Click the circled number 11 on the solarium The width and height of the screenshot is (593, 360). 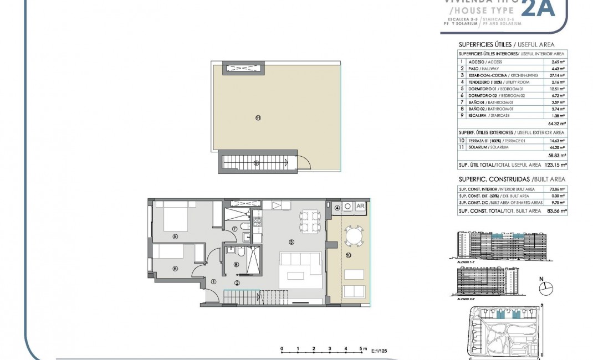258,117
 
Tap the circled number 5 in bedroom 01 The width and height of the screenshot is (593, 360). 175,236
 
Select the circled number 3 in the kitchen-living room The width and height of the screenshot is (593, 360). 291,241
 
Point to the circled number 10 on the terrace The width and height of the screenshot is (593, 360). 348,255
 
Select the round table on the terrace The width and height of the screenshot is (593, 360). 352,236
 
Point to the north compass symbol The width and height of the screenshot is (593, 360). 546,286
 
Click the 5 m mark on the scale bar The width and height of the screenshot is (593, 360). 361,349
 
